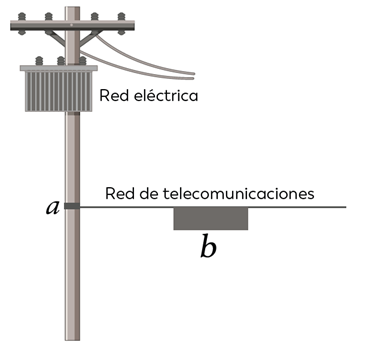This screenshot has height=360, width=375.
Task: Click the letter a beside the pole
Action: coord(53,208)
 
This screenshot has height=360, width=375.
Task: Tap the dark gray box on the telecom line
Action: coord(210,218)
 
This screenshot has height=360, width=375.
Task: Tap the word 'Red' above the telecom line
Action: coord(119,193)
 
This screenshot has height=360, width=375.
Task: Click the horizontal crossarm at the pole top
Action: coord(70,27)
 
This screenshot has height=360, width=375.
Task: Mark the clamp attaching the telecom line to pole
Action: coord(72,207)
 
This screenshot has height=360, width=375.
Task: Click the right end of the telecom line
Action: coord(344,207)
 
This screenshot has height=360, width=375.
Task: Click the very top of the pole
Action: coord(72,4)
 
